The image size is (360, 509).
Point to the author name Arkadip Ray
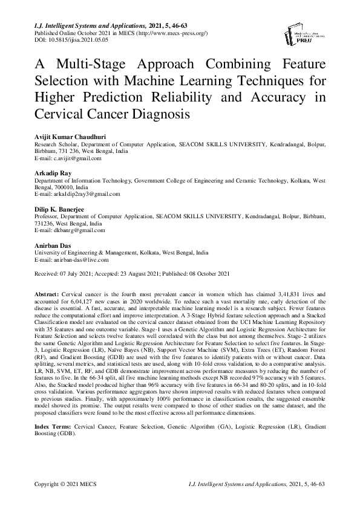point(51,173)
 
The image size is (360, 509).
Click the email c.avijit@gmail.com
point(65,158)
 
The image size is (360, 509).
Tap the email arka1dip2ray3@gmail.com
point(76,194)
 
